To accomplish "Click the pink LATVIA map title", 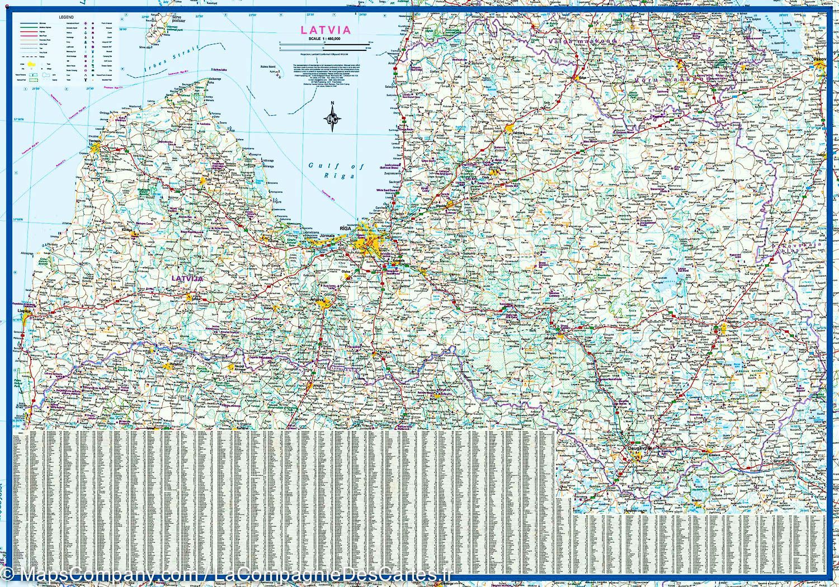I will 326,30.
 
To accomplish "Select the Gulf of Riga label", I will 336,171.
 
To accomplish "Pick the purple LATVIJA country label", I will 187,278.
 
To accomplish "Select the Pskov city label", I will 820,58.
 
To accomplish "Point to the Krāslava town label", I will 714,456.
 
